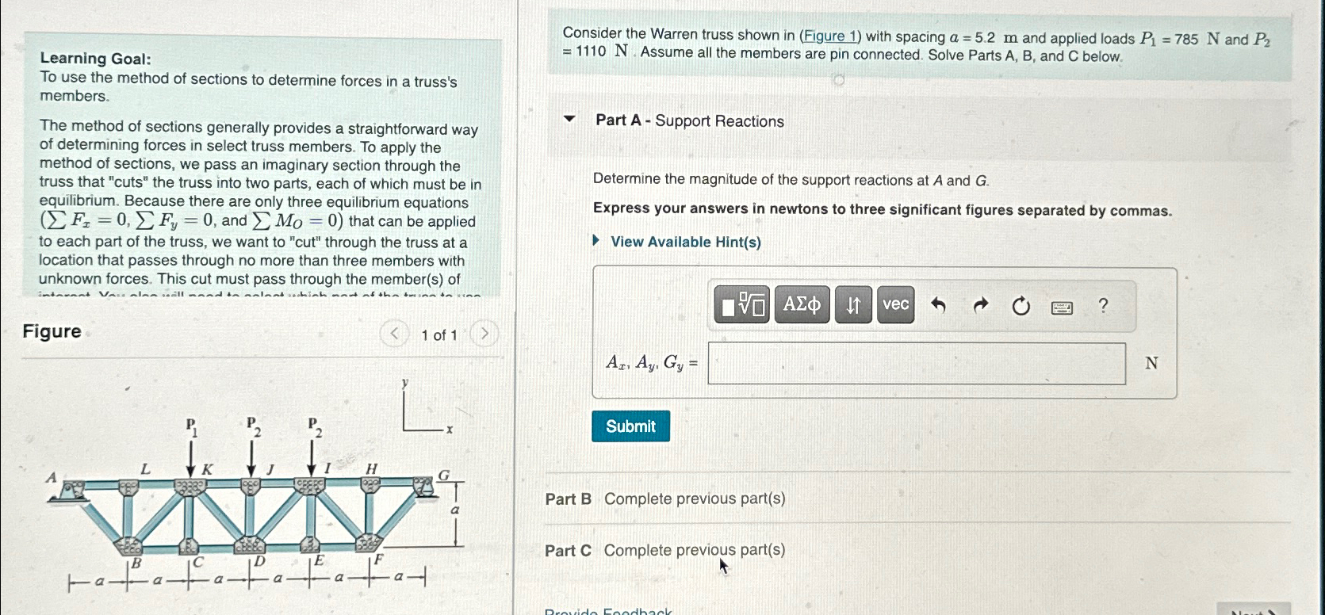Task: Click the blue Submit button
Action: (x=630, y=426)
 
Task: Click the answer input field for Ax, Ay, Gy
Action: (x=916, y=364)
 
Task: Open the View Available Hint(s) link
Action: (x=685, y=242)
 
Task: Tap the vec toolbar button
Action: (x=895, y=304)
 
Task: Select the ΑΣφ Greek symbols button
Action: (x=802, y=304)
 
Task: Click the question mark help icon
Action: (x=1102, y=305)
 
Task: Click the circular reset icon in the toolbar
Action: (x=1021, y=306)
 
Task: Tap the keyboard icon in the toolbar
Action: (x=1062, y=307)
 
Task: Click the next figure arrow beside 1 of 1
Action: (x=484, y=334)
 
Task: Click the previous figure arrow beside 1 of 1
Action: (x=394, y=334)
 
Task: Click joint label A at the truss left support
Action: (x=52, y=477)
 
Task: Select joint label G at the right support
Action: (x=444, y=475)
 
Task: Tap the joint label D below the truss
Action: (x=258, y=562)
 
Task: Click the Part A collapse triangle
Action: (x=569, y=120)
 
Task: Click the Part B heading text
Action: (x=568, y=499)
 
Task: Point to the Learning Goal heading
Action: (x=95, y=59)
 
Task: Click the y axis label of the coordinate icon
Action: (x=404, y=383)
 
